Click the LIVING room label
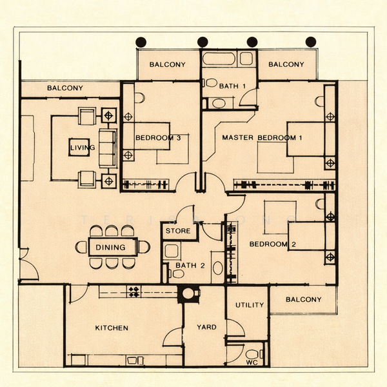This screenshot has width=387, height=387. (82, 148)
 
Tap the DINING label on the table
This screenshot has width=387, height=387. (111, 247)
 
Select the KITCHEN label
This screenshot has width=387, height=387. (112, 328)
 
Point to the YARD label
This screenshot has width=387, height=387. (206, 327)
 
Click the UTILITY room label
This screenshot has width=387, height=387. (249, 305)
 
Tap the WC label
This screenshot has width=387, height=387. (251, 362)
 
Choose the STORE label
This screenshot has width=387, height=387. (178, 230)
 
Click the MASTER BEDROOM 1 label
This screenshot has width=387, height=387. (262, 138)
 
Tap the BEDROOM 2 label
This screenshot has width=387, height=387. (272, 244)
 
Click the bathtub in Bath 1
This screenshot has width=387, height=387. (220, 59)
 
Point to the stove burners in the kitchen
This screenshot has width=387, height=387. (134, 292)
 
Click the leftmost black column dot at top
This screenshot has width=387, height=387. (141, 42)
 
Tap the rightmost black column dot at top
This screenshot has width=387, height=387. (311, 42)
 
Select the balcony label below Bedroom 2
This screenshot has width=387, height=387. (303, 299)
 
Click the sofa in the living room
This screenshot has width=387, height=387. (106, 148)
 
